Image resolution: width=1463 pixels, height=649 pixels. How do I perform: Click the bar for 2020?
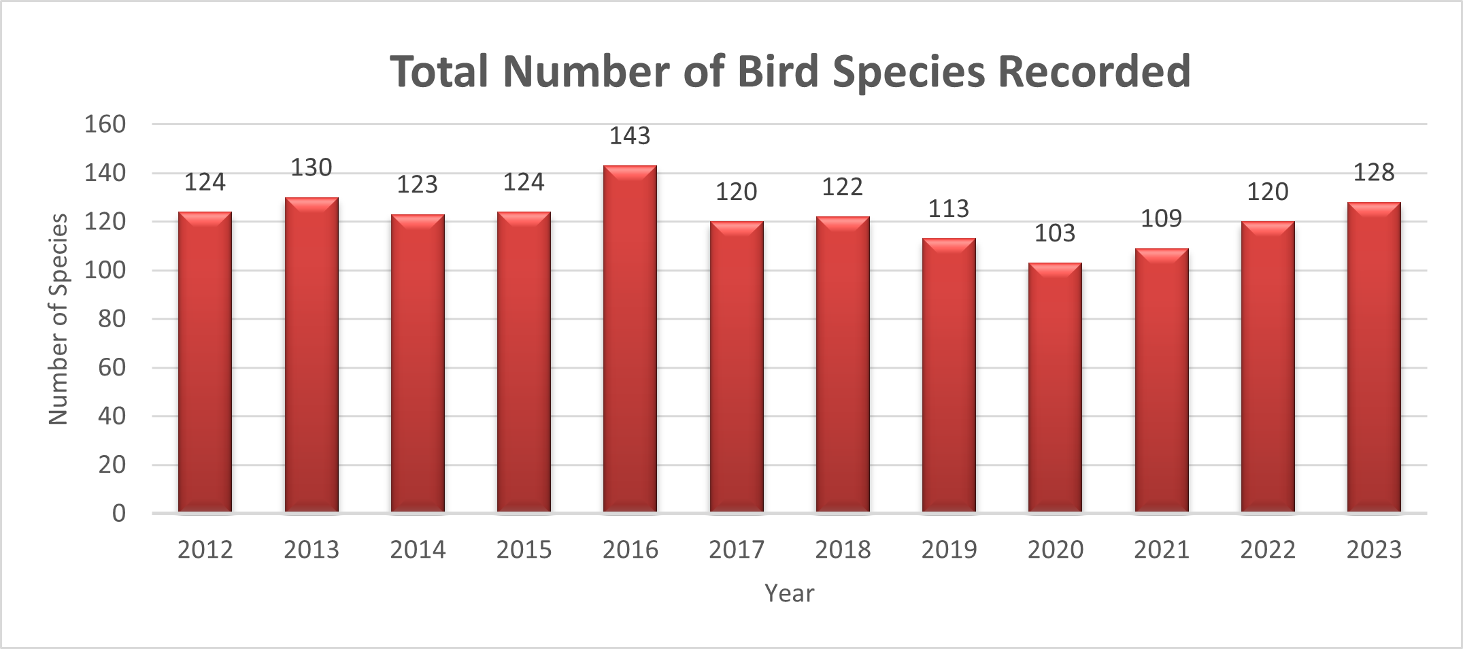coord(1055,387)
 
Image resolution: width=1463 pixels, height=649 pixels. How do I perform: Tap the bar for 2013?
coord(312,354)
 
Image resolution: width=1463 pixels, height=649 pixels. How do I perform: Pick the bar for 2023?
coord(1374,357)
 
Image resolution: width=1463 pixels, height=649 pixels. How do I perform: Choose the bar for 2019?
coord(949,375)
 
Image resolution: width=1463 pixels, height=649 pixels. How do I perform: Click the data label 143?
coord(630,137)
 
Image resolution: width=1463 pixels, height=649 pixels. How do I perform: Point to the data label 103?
coord(1055,233)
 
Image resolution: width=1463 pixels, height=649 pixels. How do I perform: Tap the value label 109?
coord(1162,219)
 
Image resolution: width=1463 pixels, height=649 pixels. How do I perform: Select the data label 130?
coord(312,168)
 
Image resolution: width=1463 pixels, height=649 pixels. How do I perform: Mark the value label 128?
coord(1374,173)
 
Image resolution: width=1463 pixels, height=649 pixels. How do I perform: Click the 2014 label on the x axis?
coord(418,550)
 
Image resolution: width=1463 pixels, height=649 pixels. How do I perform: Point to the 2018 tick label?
coord(843,550)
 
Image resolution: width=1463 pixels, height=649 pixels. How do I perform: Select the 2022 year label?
coord(1268,550)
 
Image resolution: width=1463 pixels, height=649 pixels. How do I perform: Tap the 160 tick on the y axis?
coord(105,124)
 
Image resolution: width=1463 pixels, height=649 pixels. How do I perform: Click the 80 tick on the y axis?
coord(112,319)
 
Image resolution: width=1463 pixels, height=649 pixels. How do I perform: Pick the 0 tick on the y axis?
coord(119,513)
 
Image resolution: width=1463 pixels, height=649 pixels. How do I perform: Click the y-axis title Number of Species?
coord(58,319)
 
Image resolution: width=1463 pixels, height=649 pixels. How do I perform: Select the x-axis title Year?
coord(789,593)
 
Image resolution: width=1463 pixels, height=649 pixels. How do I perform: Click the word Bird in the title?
coord(778,71)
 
